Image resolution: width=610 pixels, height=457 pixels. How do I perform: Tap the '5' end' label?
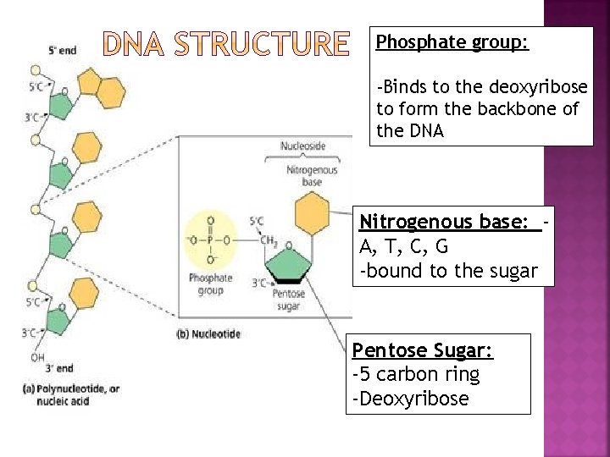62,51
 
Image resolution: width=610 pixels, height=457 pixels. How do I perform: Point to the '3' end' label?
58,368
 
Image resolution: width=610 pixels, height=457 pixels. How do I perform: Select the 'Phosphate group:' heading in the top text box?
452,42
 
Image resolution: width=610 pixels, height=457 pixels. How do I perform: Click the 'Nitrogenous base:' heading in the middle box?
450,222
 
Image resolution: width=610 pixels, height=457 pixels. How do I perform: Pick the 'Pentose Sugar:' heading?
423,350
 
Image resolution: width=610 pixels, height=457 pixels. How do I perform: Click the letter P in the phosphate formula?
210,240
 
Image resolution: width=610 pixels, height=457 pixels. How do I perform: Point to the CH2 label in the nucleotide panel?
269,240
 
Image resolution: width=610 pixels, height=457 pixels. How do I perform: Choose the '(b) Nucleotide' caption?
208,334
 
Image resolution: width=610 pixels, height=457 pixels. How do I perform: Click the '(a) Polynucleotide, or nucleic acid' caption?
71,394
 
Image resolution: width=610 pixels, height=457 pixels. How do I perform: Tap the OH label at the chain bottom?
37,356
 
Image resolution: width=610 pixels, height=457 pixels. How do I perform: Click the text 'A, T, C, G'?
404,247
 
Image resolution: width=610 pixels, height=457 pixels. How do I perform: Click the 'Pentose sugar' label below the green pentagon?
289,300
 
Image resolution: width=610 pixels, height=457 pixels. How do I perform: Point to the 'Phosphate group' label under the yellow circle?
210,284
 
